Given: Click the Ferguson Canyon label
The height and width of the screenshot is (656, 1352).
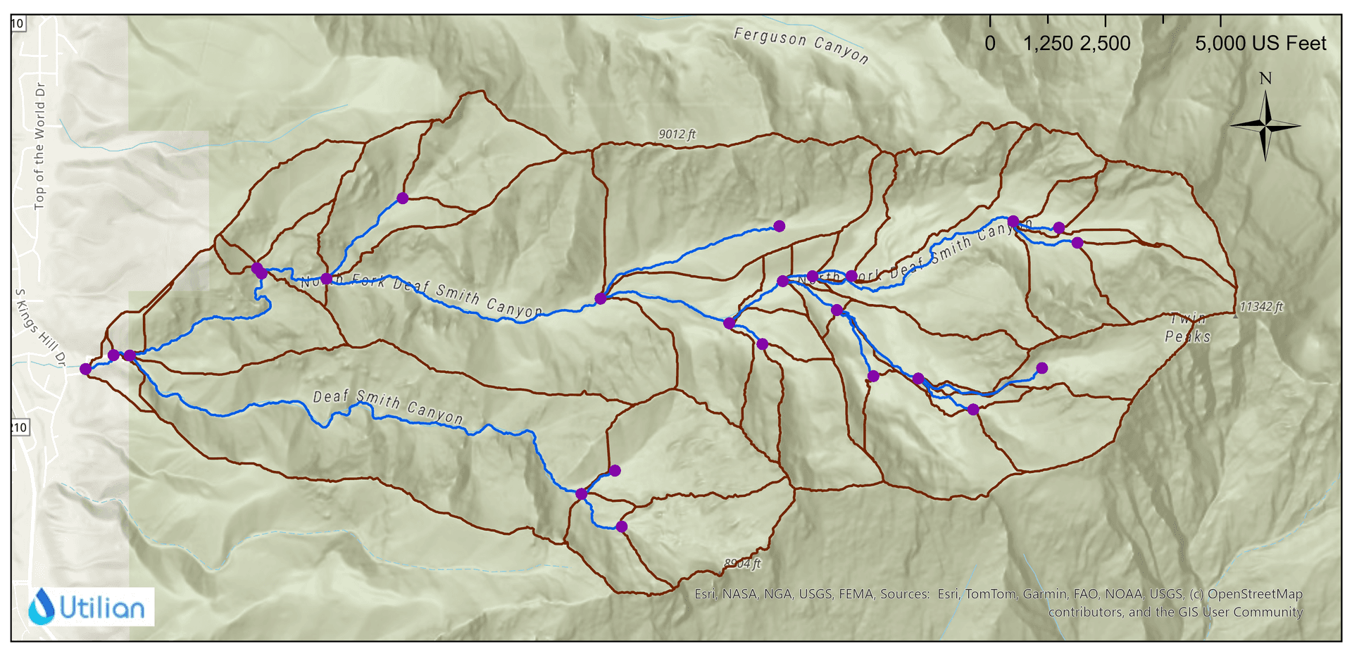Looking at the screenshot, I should (x=801, y=45).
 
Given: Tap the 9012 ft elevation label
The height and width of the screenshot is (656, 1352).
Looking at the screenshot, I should (x=677, y=134).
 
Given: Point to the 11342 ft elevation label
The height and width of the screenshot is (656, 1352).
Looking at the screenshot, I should (x=1261, y=307).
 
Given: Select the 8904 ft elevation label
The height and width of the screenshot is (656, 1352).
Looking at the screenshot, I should (x=742, y=563).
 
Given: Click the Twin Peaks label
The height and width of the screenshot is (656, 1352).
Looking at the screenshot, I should (x=1188, y=328).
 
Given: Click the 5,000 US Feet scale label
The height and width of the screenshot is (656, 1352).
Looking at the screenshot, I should (x=1260, y=44).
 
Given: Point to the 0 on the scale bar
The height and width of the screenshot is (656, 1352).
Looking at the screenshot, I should (x=990, y=44).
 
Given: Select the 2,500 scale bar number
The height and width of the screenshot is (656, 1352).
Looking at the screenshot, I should (x=1105, y=44).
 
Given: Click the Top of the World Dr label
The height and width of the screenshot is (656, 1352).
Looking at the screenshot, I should (x=39, y=146).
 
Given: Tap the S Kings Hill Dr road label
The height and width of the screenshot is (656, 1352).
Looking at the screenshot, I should (x=40, y=327).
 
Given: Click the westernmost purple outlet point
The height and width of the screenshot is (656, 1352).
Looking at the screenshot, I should (x=86, y=369).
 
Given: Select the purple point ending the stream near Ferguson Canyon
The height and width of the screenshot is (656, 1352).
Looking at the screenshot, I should (x=779, y=226).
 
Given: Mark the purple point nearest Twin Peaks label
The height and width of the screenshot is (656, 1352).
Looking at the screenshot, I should (x=1042, y=368).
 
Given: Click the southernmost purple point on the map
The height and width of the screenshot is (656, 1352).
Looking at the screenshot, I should (x=621, y=526).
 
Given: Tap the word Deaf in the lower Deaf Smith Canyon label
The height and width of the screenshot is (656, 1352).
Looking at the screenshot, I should (x=331, y=397).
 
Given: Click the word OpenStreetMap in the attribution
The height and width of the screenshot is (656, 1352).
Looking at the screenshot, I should (x=1255, y=594).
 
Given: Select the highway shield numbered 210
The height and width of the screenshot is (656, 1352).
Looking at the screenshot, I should (x=19, y=427).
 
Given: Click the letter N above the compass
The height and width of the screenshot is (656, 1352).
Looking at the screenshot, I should (x=1265, y=78).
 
